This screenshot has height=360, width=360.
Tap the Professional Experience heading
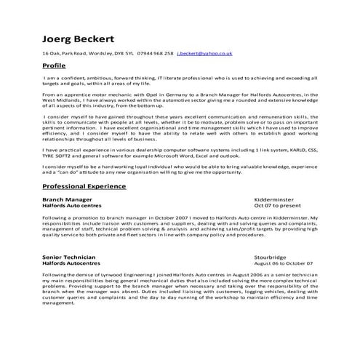(x=84, y=186)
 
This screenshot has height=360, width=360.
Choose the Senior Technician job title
(x=68, y=257)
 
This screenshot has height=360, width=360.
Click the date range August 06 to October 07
(x=284, y=263)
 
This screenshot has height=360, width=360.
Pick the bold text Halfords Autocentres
(x=72, y=263)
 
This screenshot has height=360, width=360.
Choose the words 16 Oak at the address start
(x=51, y=54)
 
